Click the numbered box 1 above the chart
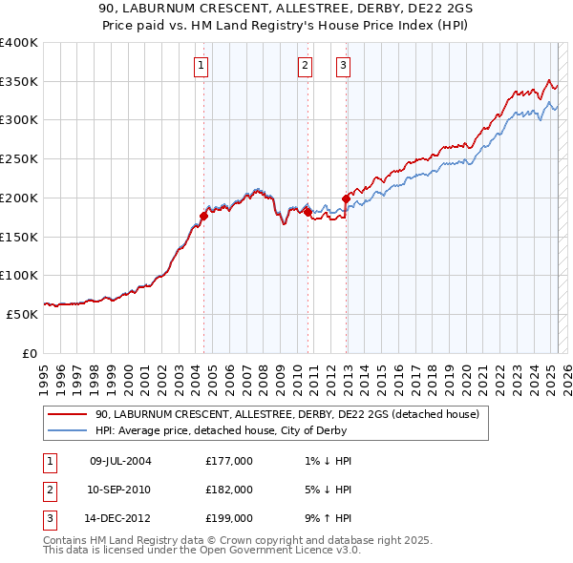click(x=202, y=66)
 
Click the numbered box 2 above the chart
click(x=305, y=66)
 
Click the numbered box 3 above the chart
click(x=343, y=66)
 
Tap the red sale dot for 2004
click(x=204, y=215)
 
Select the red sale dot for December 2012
click(x=346, y=198)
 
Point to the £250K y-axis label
click(x=18, y=159)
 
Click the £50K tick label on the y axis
click(x=22, y=314)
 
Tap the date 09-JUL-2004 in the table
click(x=120, y=461)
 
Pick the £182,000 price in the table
click(x=229, y=490)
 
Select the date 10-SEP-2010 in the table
click(x=120, y=490)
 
